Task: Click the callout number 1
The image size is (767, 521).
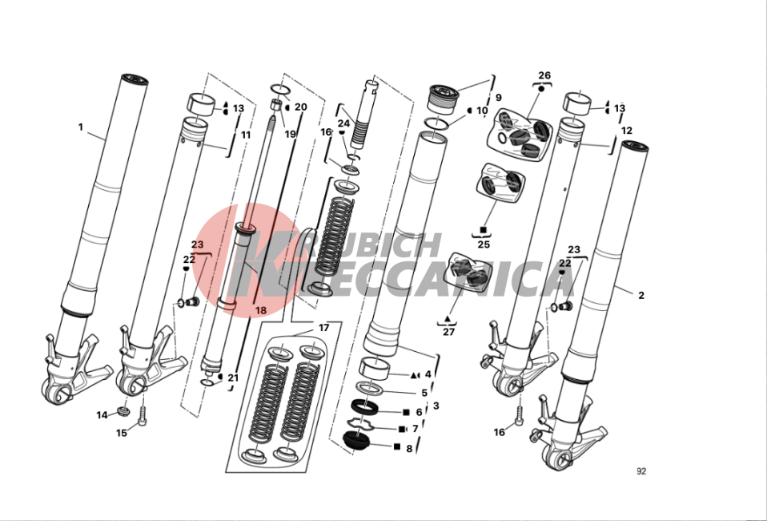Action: point(81,127)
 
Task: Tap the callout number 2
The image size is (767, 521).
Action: point(641,295)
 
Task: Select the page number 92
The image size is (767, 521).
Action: point(641,471)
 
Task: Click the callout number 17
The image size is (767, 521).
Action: point(323,328)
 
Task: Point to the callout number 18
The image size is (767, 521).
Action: point(261,310)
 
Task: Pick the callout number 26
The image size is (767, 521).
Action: point(544,75)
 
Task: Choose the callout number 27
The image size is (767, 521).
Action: point(448,332)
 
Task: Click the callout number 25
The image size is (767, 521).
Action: point(484,244)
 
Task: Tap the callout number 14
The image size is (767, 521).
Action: point(102,415)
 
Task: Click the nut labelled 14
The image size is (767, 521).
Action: point(122,410)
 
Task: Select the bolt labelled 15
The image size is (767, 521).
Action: point(143,416)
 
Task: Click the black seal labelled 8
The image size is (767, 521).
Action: point(356,439)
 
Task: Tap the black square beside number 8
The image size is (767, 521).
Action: point(396,447)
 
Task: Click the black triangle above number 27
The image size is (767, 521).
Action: point(447,319)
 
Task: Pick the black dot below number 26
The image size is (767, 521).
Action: point(541,89)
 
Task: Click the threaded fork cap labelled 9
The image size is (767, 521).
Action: point(444,99)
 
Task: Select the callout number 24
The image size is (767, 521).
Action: point(344,124)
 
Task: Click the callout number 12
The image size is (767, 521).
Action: point(627,131)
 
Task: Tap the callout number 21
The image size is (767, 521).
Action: point(233,378)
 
